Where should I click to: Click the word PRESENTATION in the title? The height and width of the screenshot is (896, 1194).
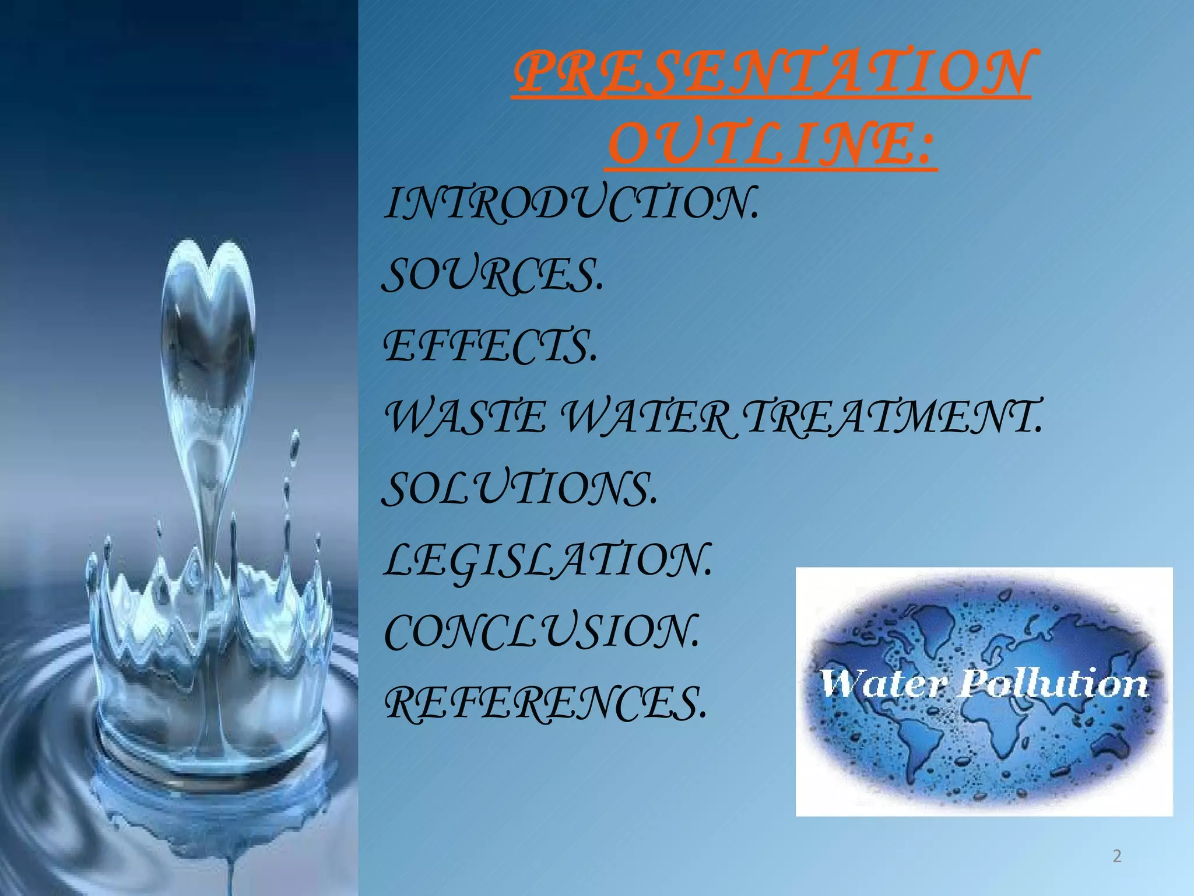(772, 73)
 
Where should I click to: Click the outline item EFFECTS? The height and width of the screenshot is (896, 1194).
(490, 346)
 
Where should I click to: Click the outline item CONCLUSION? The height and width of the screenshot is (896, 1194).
(541, 632)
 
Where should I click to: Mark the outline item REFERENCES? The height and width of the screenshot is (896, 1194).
(545, 703)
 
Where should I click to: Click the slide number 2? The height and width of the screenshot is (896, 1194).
(1117, 856)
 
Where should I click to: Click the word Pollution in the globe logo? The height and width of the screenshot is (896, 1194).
(1053, 684)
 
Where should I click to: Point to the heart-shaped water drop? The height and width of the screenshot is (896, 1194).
(208, 327)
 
